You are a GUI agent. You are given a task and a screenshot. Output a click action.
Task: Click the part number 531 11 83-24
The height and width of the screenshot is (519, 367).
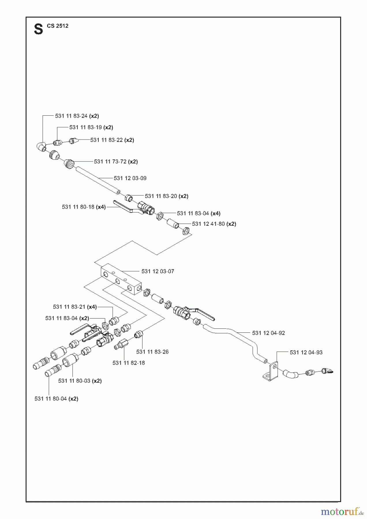71,116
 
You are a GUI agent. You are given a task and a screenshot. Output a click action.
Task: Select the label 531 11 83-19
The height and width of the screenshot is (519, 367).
85,127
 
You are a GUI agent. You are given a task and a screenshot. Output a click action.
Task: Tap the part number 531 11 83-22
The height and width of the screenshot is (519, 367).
106,140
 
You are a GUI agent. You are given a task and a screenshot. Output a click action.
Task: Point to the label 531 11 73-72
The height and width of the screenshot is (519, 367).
110,161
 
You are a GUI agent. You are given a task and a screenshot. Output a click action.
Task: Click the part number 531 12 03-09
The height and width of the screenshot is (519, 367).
130,178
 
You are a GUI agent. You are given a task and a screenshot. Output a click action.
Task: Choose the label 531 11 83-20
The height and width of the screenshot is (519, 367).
161,196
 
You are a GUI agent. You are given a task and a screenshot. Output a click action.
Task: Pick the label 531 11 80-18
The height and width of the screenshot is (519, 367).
78,207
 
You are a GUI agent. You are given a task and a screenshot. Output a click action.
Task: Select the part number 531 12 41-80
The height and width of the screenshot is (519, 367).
208,224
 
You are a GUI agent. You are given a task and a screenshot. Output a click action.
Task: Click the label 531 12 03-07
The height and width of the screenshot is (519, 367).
158,271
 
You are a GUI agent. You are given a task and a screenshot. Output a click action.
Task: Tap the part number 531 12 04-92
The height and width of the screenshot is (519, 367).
269,333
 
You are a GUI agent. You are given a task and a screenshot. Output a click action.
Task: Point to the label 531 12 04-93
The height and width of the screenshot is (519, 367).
306,352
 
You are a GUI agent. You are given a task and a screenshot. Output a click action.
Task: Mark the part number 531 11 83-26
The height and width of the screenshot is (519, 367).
152,352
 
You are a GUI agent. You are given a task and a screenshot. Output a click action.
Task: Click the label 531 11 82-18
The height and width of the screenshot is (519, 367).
129,363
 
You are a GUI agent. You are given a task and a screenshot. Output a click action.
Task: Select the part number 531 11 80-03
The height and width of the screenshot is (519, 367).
74,381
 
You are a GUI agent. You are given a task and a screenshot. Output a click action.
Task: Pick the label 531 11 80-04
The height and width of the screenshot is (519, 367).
51,399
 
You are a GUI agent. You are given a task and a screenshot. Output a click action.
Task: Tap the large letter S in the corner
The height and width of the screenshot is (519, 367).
38,29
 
